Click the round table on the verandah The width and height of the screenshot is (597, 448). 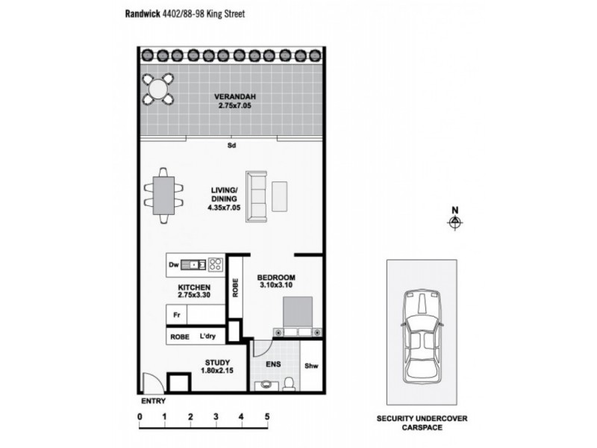(x=158, y=89)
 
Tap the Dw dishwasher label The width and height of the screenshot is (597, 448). (x=173, y=264)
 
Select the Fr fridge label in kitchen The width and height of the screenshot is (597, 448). (x=176, y=315)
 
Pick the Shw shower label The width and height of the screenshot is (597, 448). (x=311, y=366)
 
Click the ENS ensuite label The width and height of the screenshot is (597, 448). (x=274, y=365)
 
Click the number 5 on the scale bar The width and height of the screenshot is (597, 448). (x=266, y=417)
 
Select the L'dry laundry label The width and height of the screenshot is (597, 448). (x=207, y=337)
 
